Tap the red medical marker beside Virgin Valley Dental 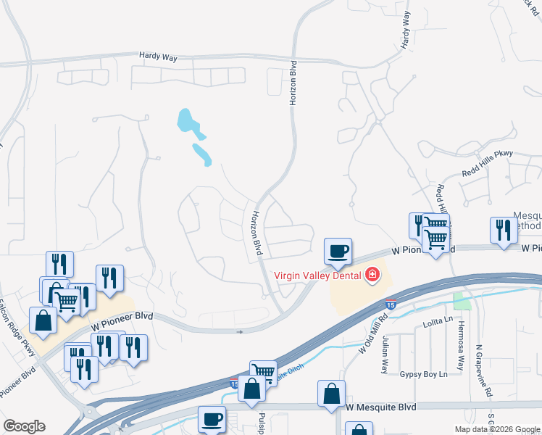[372, 274]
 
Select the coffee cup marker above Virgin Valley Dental [338, 251]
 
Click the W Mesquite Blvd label [381, 407]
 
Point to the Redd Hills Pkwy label [487, 174]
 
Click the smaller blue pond [201, 154]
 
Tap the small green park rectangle [462, 300]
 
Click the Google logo [24, 426]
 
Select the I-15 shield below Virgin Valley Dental [391, 306]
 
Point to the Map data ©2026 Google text [497, 429]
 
